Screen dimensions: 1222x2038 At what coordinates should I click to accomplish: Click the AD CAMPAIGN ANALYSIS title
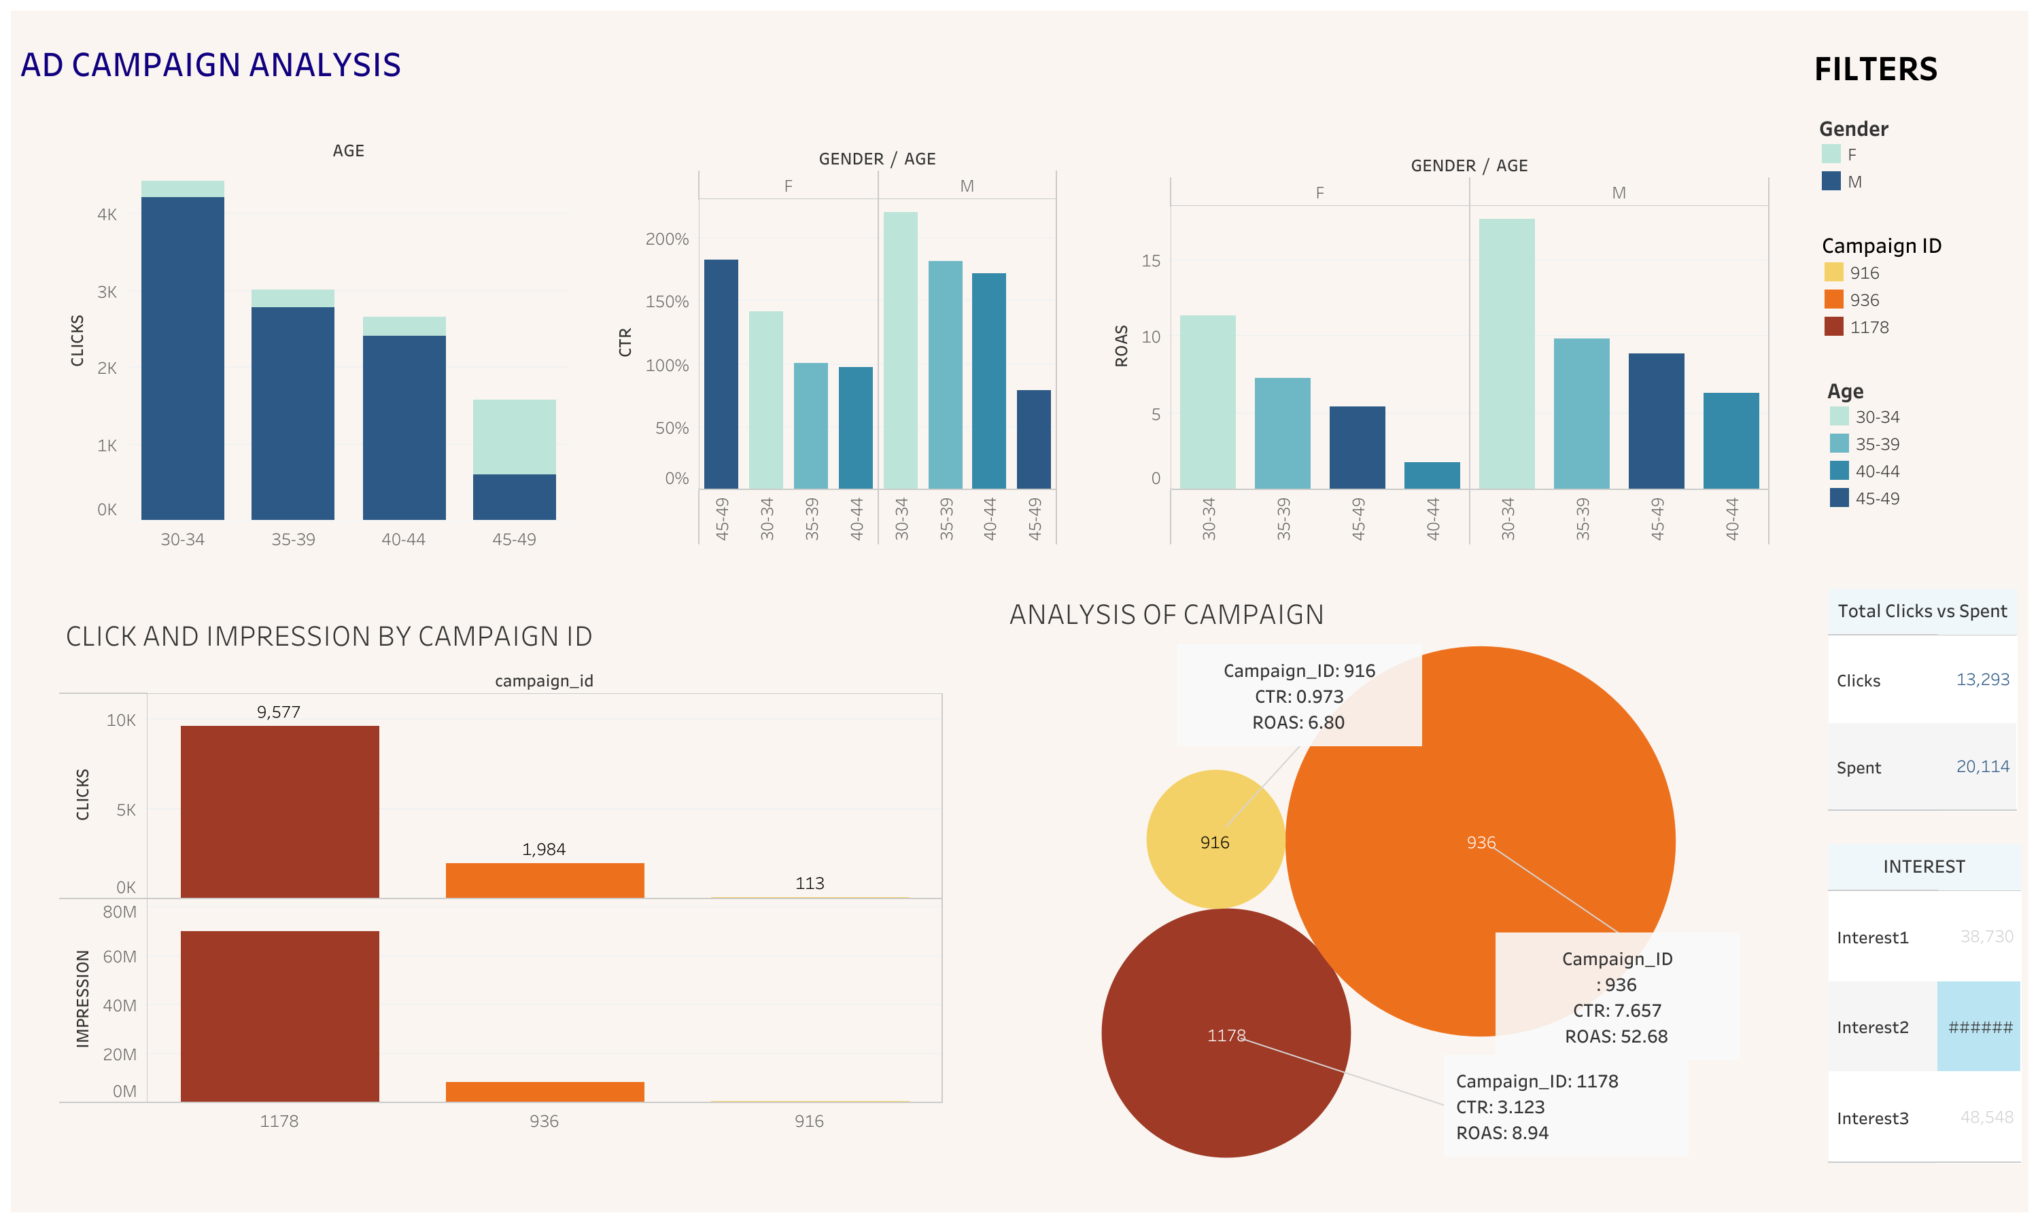click(211, 65)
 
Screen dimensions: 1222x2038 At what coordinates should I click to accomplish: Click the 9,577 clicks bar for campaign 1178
click(279, 811)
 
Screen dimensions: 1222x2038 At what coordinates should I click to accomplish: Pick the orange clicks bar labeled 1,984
click(545, 880)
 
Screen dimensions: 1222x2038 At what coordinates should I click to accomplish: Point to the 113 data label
click(810, 884)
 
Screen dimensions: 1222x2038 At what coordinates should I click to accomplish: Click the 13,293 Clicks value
click(1982, 680)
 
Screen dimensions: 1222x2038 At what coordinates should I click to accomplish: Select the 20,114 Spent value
click(1982, 767)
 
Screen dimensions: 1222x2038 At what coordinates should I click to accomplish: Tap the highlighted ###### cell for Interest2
click(1979, 1027)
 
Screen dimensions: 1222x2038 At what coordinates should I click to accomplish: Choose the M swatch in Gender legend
click(1831, 181)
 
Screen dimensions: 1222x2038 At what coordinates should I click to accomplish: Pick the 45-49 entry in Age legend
click(1877, 498)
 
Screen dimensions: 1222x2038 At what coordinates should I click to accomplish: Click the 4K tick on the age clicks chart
click(107, 215)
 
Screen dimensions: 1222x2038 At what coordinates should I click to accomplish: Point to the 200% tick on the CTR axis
click(666, 239)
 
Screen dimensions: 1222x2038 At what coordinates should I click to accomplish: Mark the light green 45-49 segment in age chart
click(514, 436)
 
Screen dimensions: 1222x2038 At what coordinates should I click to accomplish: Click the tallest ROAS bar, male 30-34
click(1506, 354)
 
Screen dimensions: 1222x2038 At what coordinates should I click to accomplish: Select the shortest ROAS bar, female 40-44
click(1431, 475)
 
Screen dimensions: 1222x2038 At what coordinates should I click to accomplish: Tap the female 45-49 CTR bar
click(721, 374)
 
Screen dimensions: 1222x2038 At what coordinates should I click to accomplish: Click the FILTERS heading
click(1875, 69)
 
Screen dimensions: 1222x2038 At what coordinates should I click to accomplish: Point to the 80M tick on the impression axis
click(120, 911)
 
